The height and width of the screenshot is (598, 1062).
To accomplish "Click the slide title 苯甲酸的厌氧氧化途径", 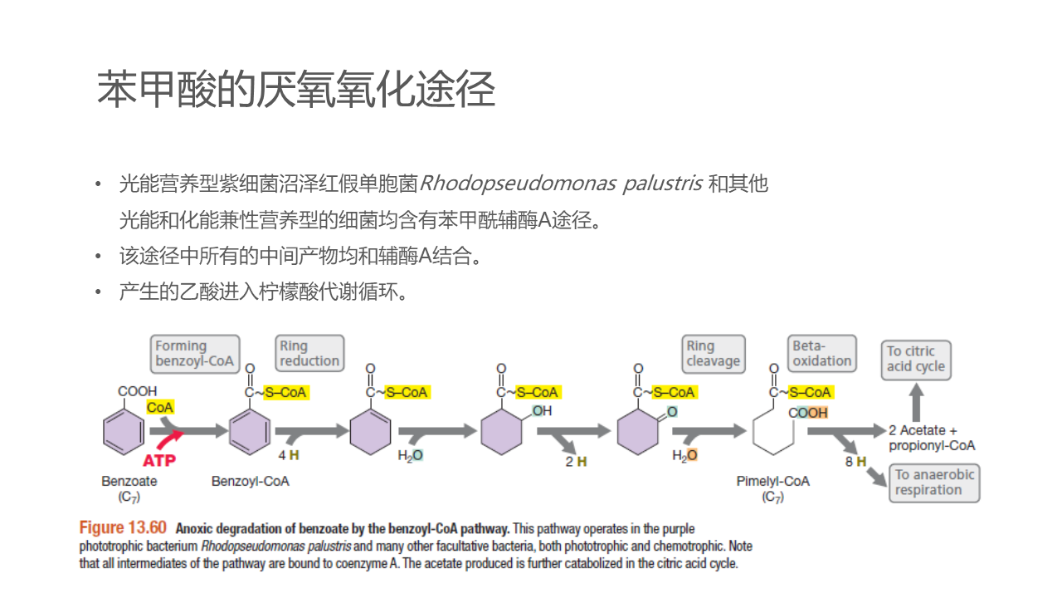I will click(296, 90).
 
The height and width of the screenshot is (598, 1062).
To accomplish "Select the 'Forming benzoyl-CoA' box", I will click(196, 354).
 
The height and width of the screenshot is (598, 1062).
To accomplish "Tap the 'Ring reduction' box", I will click(309, 354).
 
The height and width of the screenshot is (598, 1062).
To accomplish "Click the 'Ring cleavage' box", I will click(713, 354).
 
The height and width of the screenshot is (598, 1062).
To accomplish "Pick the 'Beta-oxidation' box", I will click(821, 354).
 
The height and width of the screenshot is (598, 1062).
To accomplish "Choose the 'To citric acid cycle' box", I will click(916, 359).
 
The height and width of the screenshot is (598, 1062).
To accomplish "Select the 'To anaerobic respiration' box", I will click(934, 483).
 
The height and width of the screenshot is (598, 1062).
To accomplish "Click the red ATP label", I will click(159, 459).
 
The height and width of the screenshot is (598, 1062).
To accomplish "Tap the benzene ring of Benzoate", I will click(123, 433).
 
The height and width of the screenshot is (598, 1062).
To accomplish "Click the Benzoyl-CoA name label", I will click(251, 482).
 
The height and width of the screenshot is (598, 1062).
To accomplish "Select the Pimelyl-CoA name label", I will click(772, 482).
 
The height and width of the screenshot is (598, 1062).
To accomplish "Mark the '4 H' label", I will click(289, 455).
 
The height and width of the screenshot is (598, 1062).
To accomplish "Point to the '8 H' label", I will click(855, 461).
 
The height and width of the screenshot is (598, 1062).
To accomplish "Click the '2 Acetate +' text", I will click(923, 430).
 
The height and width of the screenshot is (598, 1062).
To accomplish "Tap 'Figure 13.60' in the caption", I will click(123, 528).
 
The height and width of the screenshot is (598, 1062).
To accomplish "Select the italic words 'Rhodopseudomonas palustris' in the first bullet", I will click(562, 184).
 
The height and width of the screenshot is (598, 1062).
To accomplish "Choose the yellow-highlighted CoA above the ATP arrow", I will click(160, 408).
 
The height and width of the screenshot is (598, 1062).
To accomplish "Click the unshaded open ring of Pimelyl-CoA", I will click(774, 433).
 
